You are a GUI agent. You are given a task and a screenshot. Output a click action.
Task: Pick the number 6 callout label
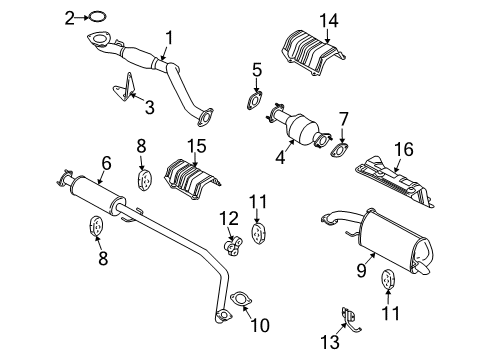point(106,162)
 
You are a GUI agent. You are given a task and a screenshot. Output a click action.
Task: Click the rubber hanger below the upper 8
point(141,181)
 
